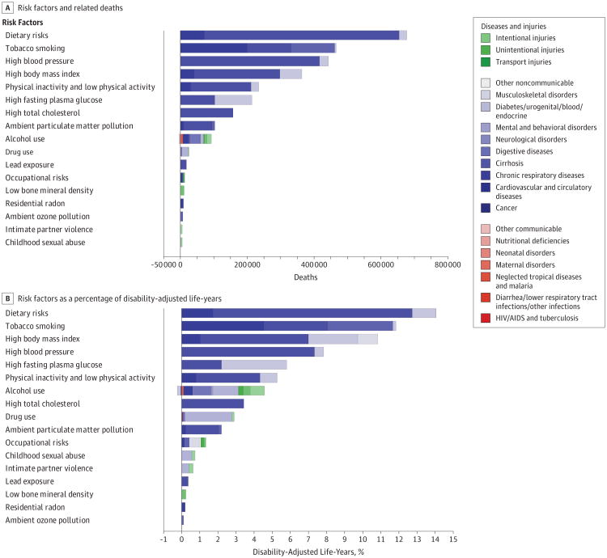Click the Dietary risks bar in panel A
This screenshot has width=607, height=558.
[356, 35]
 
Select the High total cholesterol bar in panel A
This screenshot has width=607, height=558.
[206, 112]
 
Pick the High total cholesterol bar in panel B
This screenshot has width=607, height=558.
[213, 404]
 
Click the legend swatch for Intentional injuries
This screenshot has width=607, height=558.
[486, 38]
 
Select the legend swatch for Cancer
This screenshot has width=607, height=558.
[486, 207]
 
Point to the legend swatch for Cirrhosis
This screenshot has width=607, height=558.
[486, 162]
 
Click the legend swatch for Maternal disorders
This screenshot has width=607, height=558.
[486, 264]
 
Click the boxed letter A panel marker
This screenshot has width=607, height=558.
[7, 7]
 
